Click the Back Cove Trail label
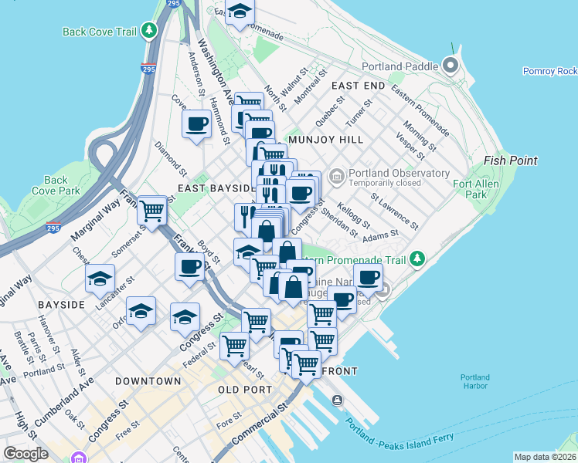point(99,32)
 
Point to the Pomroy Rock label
point(549,71)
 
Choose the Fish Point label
point(510,161)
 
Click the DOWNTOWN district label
point(148,381)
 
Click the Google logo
point(25,453)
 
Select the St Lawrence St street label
point(394,211)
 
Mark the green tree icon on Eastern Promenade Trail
point(417,257)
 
